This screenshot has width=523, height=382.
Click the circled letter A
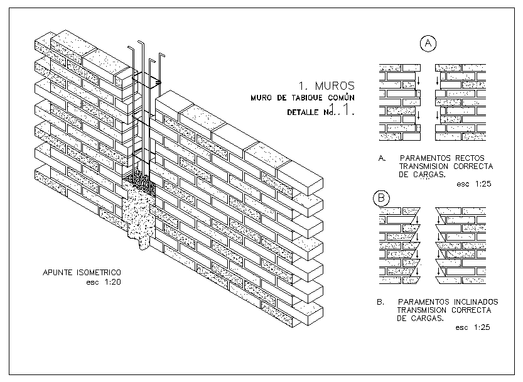pyautogui.click(x=428, y=43)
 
